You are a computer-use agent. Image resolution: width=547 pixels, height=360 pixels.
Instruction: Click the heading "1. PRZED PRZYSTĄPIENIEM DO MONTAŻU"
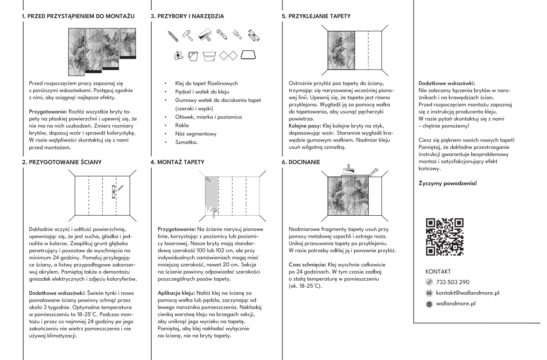[x=78, y=16]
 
